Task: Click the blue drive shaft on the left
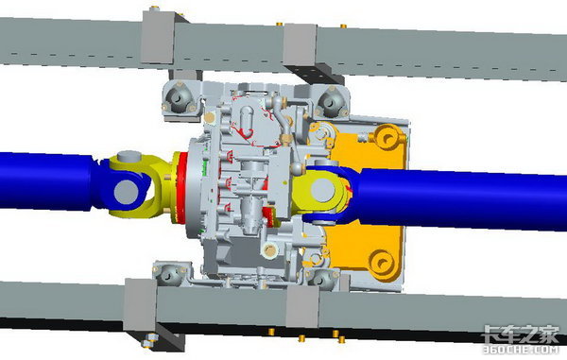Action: point(47,180)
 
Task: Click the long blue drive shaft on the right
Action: point(459,199)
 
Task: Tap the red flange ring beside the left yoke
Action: point(181,188)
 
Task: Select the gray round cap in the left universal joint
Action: point(127,191)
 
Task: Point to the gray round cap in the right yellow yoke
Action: point(323,191)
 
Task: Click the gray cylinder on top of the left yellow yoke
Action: point(129,157)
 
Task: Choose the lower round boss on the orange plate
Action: point(382,262)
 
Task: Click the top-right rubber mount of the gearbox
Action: point(332,100)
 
